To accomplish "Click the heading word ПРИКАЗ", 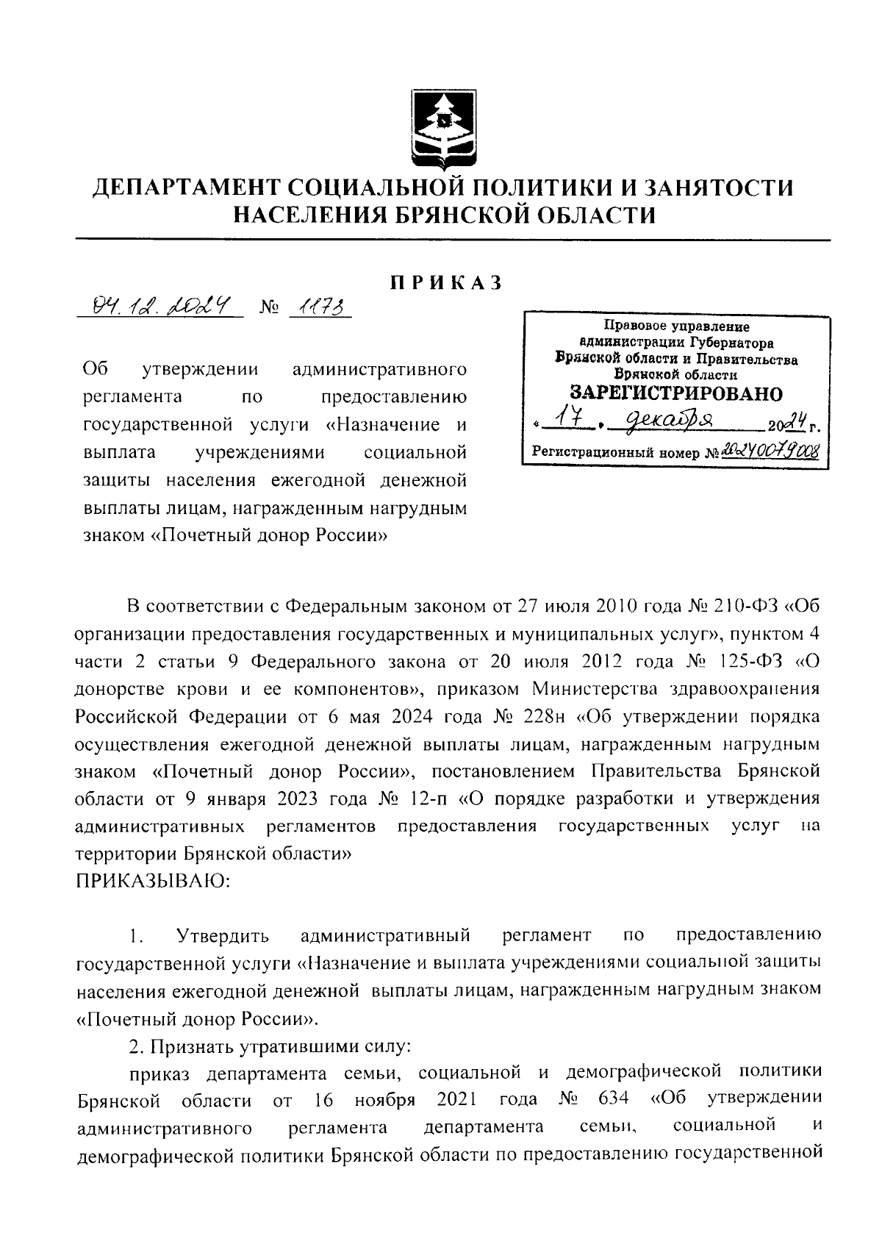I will click(x=445, y=282).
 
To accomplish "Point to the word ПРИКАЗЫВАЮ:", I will click(x=153, y=880).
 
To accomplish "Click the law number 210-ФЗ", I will click(x=743, y=607).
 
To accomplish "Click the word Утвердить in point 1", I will click(x=223, y=935).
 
